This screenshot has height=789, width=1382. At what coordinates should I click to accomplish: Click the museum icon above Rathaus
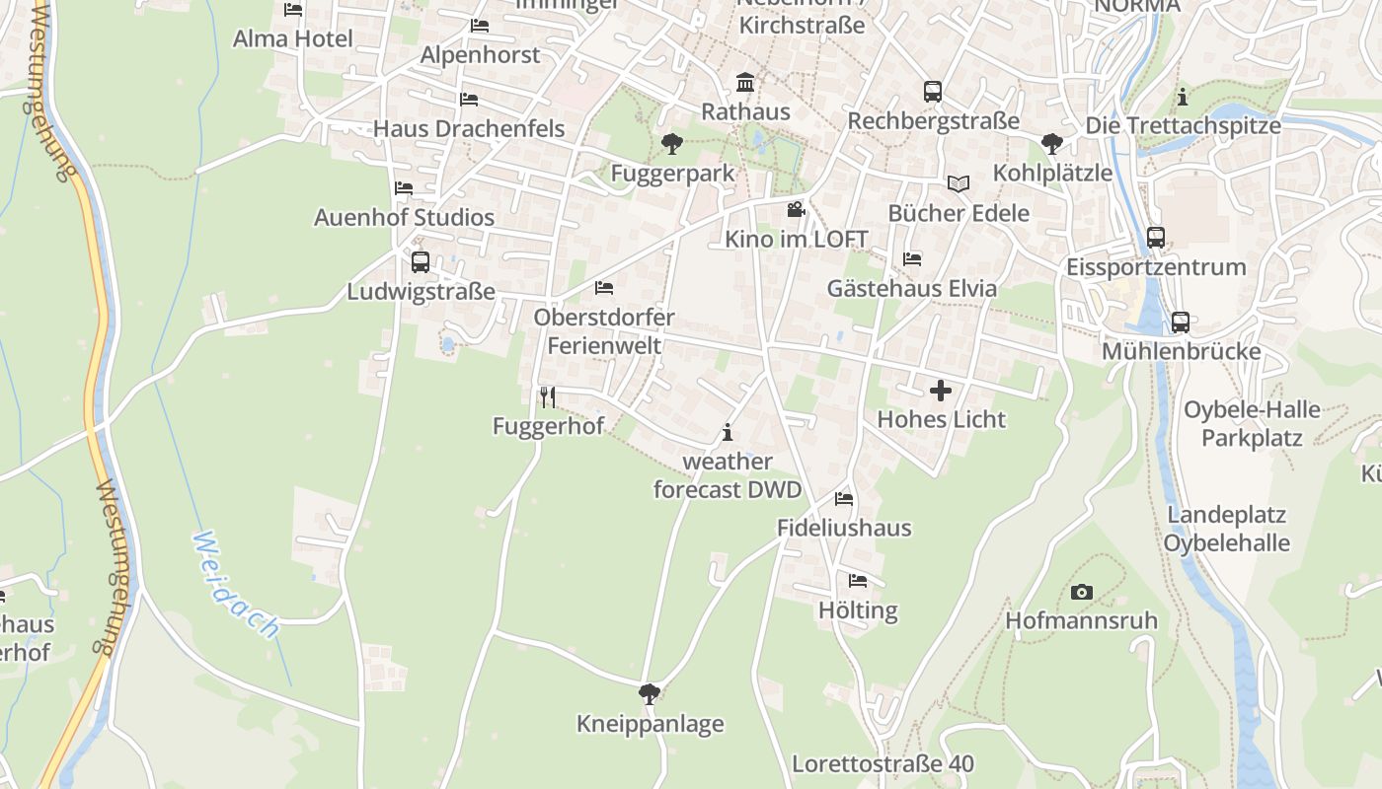(x=745, y=82)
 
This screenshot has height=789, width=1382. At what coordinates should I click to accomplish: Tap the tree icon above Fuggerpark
(x=672, y=144)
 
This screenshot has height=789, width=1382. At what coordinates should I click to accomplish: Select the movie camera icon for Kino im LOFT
(x=796, y=209)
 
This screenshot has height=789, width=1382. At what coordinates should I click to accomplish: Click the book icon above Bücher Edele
(x=958, y=183)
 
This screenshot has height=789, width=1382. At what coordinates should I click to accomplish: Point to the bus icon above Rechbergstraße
(x=933, y=92)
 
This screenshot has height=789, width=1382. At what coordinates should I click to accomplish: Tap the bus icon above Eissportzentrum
(x=1156, y=238)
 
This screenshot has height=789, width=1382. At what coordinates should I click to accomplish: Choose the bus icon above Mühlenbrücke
(x=1180, y=323)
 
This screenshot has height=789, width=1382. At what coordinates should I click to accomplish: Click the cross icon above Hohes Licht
(x=941, y=391)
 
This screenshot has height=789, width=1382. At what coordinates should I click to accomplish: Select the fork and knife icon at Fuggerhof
(x=548, y=397)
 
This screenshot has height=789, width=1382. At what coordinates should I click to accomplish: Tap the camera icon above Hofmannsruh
(x=1082, y=593)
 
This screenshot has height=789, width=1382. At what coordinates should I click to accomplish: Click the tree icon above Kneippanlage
(x=650, y=694)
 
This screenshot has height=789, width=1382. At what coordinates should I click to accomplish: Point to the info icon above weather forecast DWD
(x=728, y=432)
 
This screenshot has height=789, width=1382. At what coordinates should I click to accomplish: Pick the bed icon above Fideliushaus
(x=843, y=499)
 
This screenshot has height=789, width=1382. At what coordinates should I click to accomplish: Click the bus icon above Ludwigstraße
(x=421, y=262)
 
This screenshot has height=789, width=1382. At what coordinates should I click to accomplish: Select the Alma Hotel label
(x=292, y=39)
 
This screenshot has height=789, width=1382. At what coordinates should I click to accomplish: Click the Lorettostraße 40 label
(x=883, y=764)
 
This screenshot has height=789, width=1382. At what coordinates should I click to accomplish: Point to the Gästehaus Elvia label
(x=911, y=289)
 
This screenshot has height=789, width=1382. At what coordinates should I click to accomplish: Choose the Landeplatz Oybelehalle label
(x=1226, y=529)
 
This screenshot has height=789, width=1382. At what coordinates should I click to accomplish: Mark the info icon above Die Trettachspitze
(x=1183, y=97)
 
